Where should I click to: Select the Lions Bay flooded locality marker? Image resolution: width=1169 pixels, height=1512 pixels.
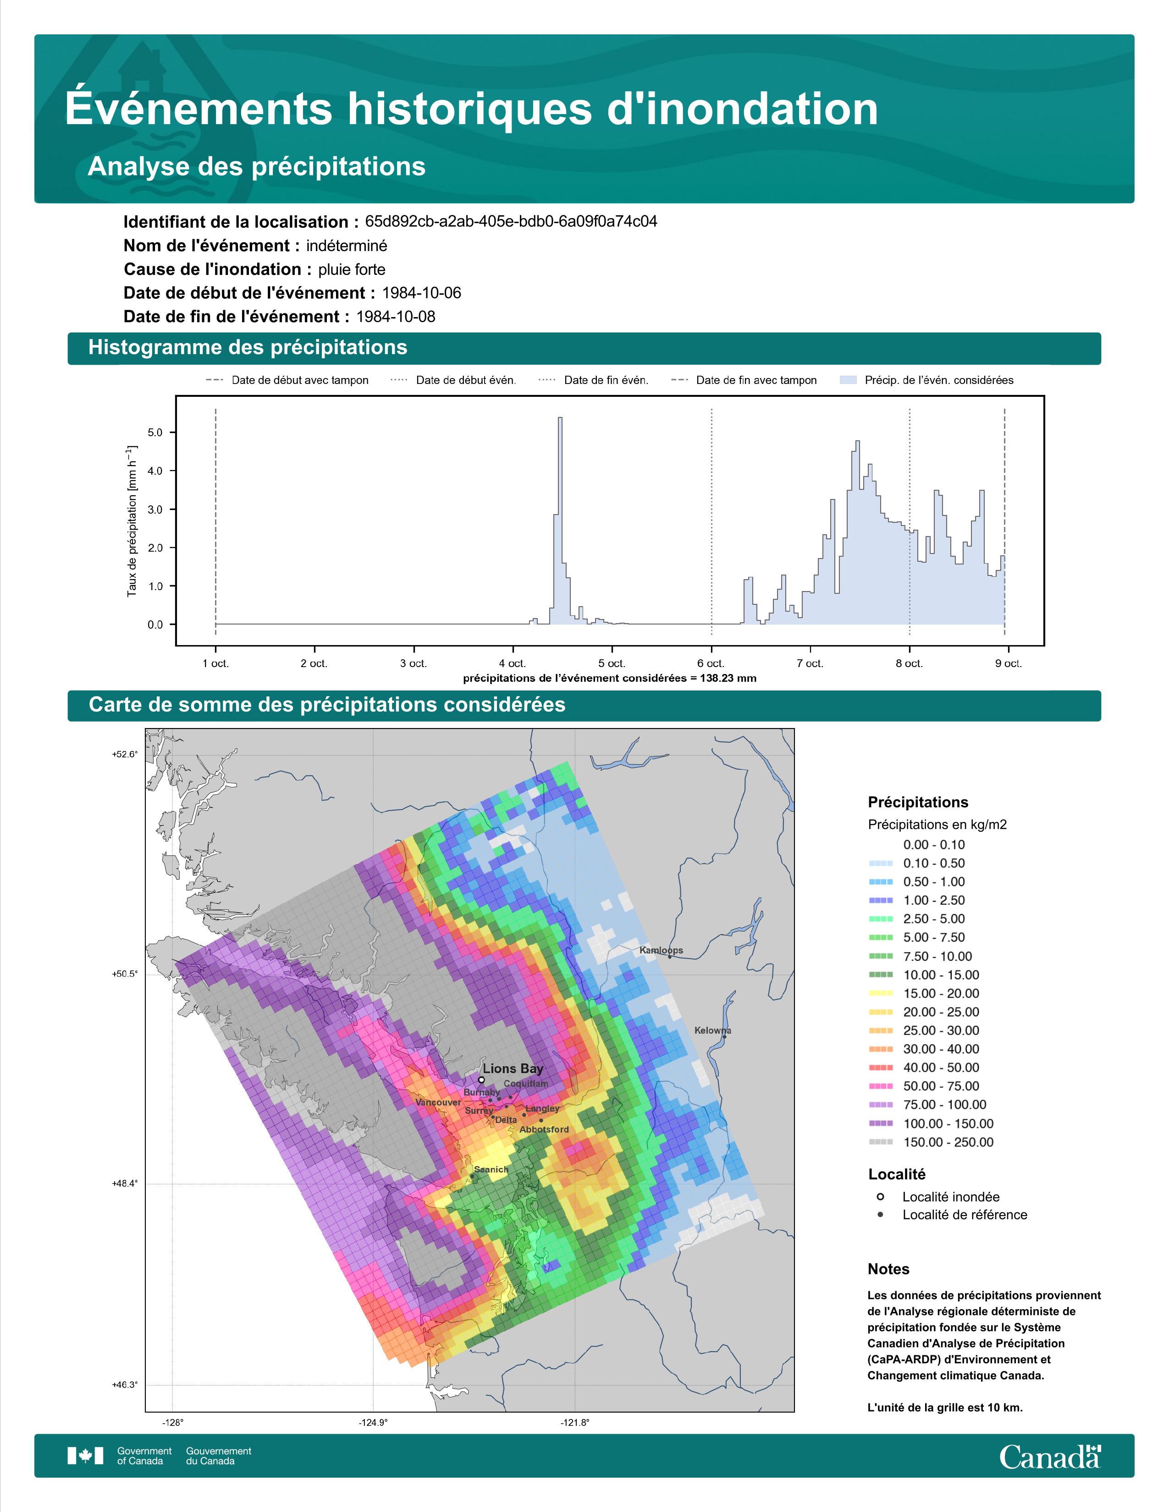point(481,1079)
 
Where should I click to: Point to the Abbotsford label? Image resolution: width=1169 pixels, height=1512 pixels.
point(544,1129)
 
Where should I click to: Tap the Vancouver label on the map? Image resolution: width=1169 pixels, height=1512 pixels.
point(438,1102)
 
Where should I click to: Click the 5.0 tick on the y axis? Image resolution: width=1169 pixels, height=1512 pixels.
point(155,433)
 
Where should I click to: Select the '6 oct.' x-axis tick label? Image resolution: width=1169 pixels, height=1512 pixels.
point(711,663)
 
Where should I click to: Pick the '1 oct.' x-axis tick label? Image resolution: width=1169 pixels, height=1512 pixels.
point(215,663)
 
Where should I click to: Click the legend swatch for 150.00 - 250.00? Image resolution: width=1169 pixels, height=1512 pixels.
point(880,1142)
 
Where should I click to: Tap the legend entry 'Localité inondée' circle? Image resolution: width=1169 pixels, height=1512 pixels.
point(880,1196)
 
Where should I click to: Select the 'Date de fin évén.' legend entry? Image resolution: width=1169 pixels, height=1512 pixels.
point(594,380)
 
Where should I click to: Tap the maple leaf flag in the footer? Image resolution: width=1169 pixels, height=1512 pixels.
point(85,1456)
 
